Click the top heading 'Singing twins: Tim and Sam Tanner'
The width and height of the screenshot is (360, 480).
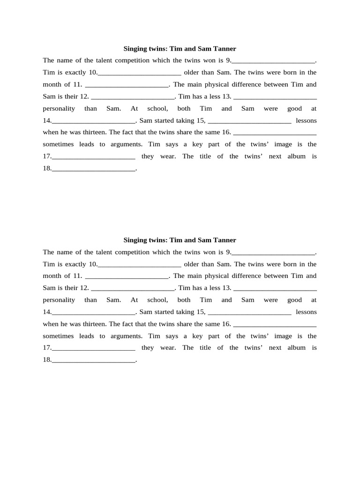tap(180, 48)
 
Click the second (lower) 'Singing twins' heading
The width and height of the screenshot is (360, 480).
tap(180, 240)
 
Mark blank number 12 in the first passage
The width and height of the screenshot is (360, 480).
tap(133, 97)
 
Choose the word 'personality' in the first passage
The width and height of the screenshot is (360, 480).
tap(59, 109)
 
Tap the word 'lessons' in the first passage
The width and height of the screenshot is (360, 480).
tap(306, 120)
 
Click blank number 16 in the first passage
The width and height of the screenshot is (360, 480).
tap(275, 133)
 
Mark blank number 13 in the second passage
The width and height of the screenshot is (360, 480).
tap(275, 288)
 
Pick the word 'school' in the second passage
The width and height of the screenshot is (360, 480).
tap(157, 300)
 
